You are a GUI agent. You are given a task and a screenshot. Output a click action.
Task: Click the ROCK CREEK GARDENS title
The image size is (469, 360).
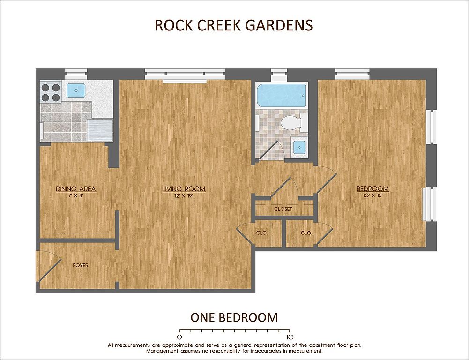pos(234,25)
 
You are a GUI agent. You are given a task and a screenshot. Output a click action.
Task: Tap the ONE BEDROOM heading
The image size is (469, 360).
pos(234,317)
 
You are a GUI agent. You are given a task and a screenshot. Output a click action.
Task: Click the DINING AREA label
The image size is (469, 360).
pos(76,189)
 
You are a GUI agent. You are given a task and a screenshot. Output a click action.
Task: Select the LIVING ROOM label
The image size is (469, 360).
pos(184,189)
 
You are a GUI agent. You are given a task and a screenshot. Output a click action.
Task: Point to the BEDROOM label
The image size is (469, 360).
pos(372,189)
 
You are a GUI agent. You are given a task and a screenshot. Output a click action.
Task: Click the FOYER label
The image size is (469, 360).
pos(81,265)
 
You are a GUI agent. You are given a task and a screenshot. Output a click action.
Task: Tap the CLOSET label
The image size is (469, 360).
pos(283,209)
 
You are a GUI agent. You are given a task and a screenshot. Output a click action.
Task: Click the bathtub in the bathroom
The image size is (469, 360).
pos(282,95)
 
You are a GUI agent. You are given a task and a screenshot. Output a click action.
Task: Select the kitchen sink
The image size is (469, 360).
pos(76,90)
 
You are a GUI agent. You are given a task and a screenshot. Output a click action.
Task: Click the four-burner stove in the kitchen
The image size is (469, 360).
pos(51,92)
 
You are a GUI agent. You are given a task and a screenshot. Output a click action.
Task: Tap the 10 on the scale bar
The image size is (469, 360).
pos(289,337)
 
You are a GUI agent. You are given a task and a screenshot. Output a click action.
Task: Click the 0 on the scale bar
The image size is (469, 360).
pos(179,337)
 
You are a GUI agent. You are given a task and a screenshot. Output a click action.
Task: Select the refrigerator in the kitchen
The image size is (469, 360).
pos(100,130)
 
